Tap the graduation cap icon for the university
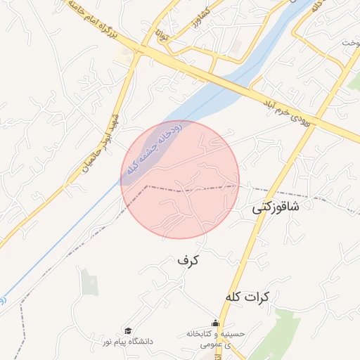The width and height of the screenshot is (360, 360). [128, 330]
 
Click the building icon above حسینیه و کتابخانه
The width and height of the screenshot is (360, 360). [216, 323]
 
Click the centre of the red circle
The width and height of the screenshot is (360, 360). [180, 179]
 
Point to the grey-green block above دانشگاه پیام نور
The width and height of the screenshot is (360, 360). [89, 282]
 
